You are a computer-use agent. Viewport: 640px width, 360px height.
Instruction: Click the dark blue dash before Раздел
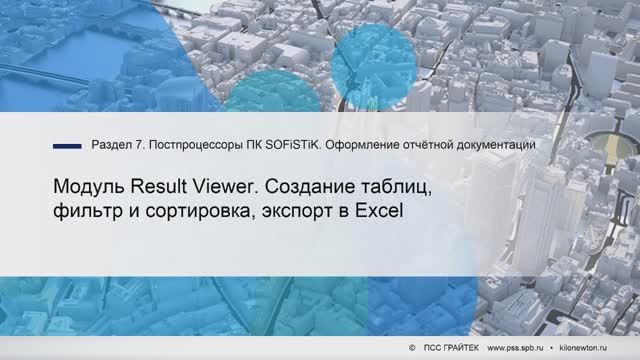point(67,146)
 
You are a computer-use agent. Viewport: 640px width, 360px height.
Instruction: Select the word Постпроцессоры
point(195,146)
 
